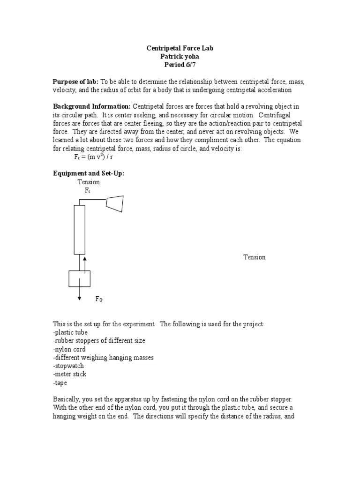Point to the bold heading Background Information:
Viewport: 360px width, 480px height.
click(x=91, y=107)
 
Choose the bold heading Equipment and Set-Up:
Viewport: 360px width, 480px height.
click(x=89, y=173)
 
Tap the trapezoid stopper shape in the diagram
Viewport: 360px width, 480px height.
click(x=115, y=203)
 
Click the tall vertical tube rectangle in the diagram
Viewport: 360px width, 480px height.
click(x=79, y=230)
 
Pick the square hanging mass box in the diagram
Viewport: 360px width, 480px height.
click(x=79, y=278)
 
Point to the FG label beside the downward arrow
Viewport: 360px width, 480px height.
click(x=99, y=299)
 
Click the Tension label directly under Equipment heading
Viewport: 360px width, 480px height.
click(x=89, y=182)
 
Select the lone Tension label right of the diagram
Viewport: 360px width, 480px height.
click(x=254, y=257)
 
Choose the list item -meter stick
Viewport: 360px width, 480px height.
click(x=69, y=374)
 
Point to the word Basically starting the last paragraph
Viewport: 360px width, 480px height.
click(x=67, y=399)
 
